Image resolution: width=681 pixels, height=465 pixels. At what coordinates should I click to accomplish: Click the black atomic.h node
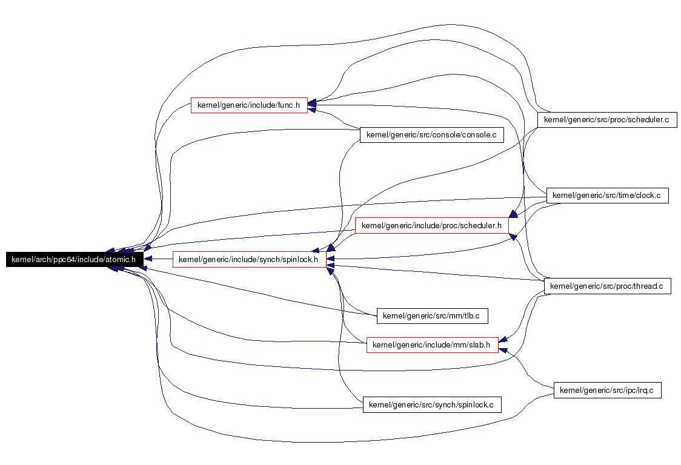75,259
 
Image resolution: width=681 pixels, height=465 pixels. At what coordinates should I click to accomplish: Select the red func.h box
249,105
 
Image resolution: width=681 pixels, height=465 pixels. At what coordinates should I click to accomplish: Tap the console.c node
432,134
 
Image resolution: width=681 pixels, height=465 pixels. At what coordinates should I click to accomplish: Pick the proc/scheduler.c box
607,119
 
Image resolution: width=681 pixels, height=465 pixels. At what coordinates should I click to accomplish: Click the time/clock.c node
607,196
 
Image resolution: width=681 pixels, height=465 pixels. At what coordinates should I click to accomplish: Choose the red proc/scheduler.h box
432,225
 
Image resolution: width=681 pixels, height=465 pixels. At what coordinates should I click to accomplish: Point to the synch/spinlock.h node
249,259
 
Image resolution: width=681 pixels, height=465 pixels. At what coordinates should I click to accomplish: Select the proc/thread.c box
607,286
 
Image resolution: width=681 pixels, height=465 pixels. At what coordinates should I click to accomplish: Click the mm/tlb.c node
432,315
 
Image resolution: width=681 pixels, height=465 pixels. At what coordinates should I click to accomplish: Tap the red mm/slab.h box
432,345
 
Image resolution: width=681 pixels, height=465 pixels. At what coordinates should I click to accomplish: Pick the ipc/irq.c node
607,390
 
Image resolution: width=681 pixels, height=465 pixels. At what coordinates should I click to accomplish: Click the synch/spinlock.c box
432,404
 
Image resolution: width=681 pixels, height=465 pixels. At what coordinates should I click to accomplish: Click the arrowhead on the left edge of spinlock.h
148,259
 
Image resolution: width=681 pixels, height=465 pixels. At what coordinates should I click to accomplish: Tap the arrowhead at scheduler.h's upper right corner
513,214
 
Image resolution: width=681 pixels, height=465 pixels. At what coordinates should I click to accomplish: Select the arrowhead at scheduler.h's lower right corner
513,237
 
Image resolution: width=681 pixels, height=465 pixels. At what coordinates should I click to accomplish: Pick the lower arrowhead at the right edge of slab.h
503,350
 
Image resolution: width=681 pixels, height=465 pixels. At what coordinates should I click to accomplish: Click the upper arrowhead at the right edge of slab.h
503,339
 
